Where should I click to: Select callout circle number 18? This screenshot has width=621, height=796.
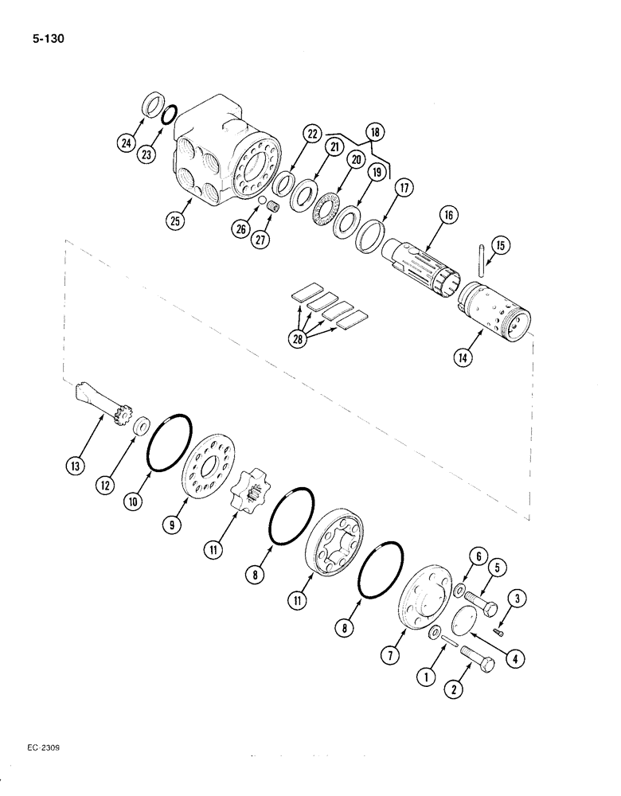click(x=374, y=133)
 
